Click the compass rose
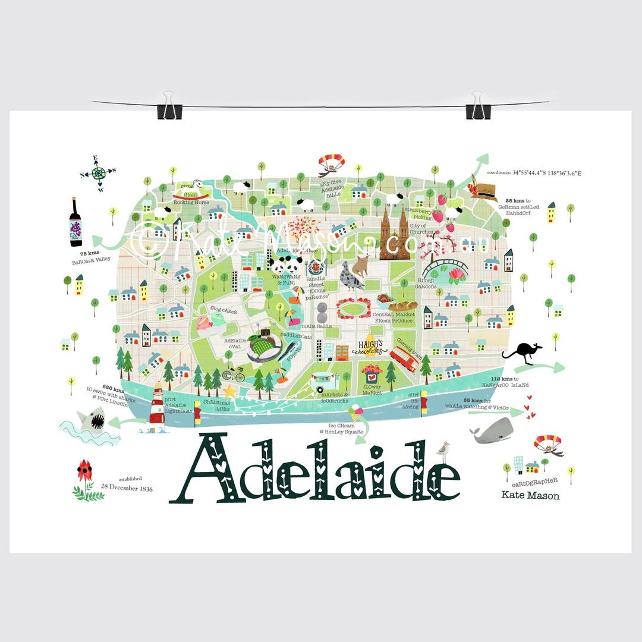98,174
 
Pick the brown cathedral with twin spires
395,233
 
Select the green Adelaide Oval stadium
264,347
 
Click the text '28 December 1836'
126,488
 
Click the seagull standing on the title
443,451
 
